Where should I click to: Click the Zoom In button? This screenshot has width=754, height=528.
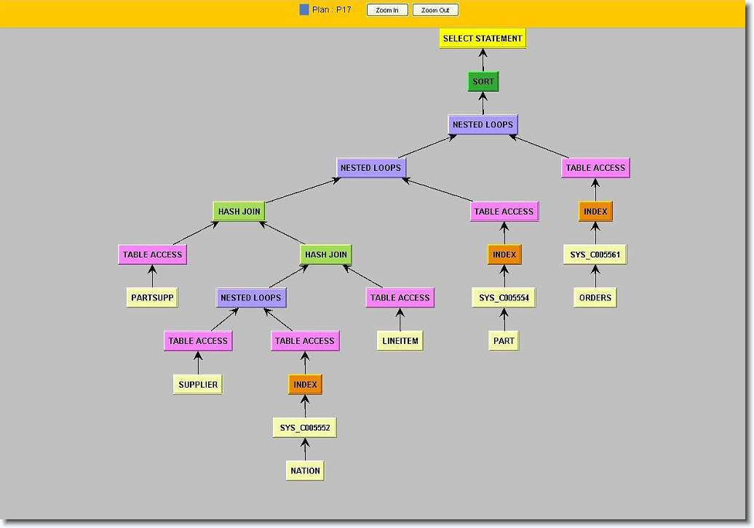click(387, 10)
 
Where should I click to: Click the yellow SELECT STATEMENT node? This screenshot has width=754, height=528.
click(483, 39)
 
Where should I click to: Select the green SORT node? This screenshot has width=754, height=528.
click(483, 81)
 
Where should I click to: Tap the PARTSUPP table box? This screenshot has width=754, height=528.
click(152, 297)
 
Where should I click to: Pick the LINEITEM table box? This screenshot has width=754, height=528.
click(400, 340)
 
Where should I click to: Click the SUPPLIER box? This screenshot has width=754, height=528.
click(198, 384)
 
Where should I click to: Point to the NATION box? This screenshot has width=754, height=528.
click(305, 471)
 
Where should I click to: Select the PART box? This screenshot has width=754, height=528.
click(504, 340)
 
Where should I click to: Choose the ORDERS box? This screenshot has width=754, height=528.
click(595, 297)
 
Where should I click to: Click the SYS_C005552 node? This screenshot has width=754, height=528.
click(305, 428)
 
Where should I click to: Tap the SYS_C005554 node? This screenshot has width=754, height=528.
click(504, 297)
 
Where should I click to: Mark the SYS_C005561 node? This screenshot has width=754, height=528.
click(595, 255)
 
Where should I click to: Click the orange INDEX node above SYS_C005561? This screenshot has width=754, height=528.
click(595, 212)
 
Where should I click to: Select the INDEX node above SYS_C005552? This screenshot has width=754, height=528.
click(305, 384)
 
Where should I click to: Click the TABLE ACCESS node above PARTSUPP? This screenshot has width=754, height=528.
click(152, 255)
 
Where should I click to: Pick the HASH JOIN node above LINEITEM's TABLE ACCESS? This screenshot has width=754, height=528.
click(326, 255)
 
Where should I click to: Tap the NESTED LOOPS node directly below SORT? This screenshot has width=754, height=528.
click(483, 124)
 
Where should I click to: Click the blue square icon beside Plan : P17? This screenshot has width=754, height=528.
click(304, 10)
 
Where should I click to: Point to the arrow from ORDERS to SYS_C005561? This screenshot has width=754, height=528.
click(595, 276)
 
